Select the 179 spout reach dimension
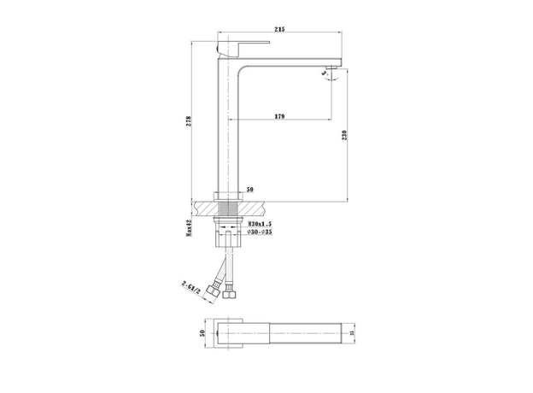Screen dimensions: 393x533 point(279,116)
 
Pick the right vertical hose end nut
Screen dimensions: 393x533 point(229,296)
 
